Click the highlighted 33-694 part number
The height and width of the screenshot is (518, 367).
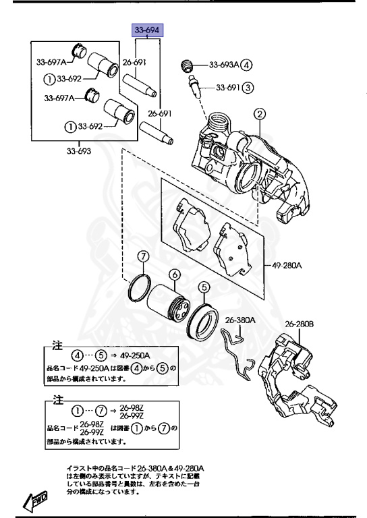(148, 30)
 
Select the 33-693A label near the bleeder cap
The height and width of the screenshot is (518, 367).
(223, 65)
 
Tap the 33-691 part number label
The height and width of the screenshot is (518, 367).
(228, 88)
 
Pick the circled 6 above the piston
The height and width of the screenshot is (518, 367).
(174, 275)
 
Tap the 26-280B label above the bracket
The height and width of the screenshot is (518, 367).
(299, 324)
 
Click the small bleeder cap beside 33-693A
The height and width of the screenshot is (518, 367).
(188, 66)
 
